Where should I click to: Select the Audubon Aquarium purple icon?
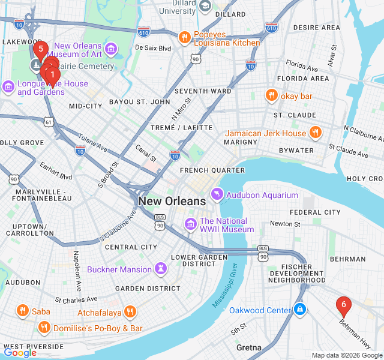pos(217,195)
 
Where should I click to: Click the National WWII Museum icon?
pos(191,224)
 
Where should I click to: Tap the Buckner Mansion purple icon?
pos(160,269)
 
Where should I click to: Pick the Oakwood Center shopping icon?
pos(300,310)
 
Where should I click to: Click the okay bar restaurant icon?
pos(272,95)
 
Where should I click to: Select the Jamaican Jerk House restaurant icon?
pos(315,133)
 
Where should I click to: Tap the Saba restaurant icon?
pos(23,311)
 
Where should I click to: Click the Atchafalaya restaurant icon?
pos(130,312)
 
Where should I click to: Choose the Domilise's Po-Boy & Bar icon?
pos(44,328)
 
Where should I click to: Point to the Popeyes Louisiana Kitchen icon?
pos(184,38)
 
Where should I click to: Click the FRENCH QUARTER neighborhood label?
pos(212,170)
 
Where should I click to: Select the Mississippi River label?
pos(225,286)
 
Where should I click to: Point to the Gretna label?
pos(248,347)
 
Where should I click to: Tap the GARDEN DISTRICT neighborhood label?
pos(148,288)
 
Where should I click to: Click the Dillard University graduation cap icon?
pos(206,6)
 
